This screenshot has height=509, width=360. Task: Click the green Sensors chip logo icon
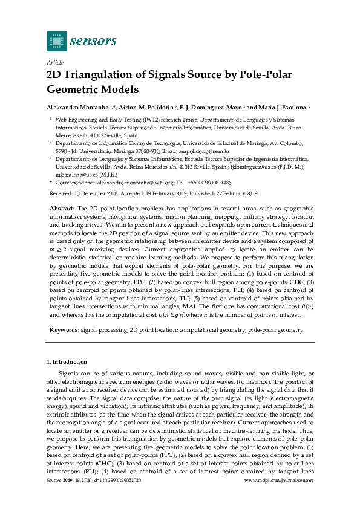(x=56, y=41)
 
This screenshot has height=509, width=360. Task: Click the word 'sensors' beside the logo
(x=93, y=41)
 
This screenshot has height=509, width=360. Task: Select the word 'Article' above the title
(x=55, y=63)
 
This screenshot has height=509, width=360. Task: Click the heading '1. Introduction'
(x=67, y=361)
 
